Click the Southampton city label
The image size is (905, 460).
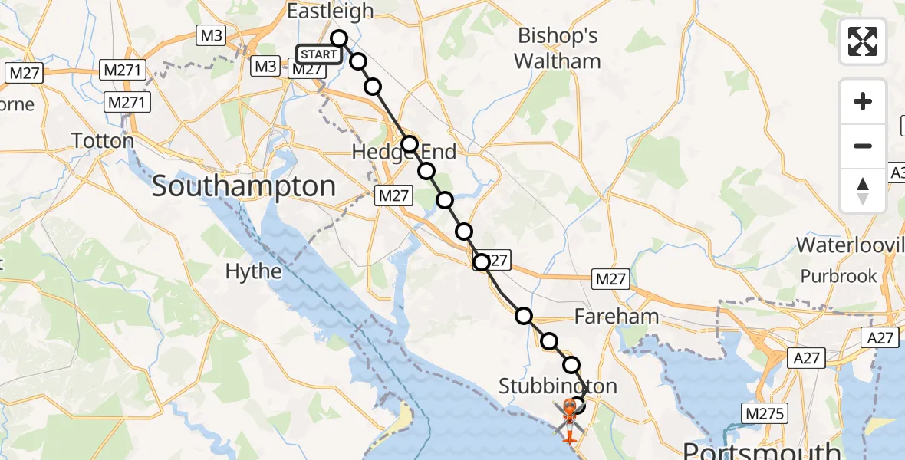(x=244, y=186)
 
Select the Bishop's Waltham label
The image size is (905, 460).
(x=558, y=48)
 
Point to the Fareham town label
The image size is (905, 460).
(x=617, y=316)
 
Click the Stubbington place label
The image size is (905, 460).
(x=558, y=386)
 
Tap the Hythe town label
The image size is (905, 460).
(x=253, y=271)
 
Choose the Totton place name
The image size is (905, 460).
(x=102, y=141)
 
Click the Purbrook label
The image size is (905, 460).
(x=838, y=276)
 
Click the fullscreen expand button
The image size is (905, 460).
(x=863, y=41)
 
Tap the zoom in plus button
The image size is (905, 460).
(x=863, y=102)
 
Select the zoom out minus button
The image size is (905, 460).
(x=863, y=146)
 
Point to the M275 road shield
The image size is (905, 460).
(x=764, y=414)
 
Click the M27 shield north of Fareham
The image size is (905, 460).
(x=610, y=280)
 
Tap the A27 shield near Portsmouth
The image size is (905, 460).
(x=808, y=357)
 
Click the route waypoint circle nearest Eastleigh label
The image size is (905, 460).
(x=339, y=38)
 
